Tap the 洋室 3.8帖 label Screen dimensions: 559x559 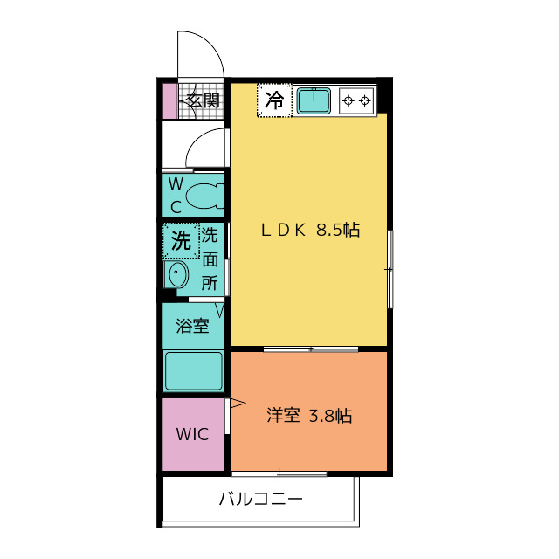(309, 416)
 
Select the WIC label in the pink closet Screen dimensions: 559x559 (192, 434)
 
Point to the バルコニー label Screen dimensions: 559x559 (260, 500)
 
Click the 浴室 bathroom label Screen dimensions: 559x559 (192, 327)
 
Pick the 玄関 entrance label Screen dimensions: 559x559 (202, 100)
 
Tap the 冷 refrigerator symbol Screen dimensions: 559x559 (274, 100)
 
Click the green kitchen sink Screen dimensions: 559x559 (314, 100)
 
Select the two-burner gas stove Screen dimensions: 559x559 (356, 100)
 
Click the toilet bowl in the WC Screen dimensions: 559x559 (205, 195)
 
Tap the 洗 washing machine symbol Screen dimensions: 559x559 (181, 240)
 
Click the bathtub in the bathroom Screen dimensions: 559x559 (194, 370)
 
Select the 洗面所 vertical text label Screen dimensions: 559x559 (210, 259)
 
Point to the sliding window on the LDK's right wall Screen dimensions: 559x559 (390, 268)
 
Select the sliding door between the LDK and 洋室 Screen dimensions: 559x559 (310, 349)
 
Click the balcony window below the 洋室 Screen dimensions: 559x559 (279, 473)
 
